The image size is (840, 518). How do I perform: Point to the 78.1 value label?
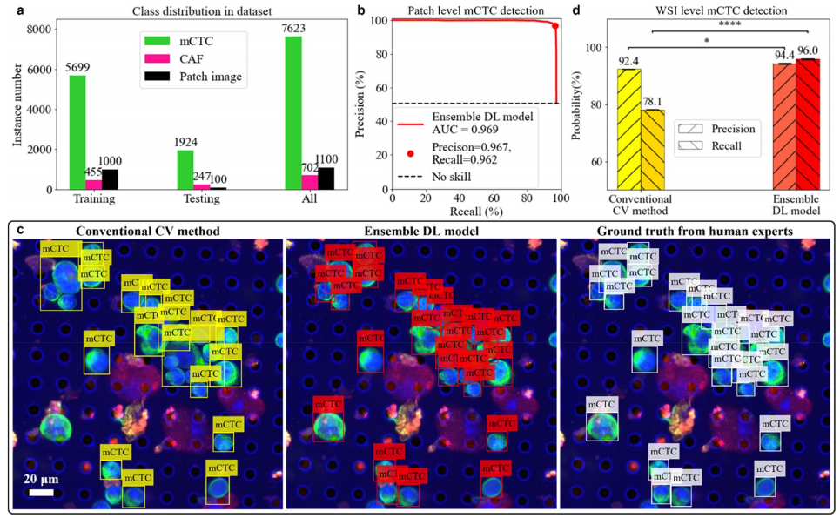pyautogui.click(x=653, y=102)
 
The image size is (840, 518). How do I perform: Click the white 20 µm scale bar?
pyautogui.click(x=41, y=492)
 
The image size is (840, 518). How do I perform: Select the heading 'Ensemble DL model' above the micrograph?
pyautogui.click(x=421, y=232)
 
